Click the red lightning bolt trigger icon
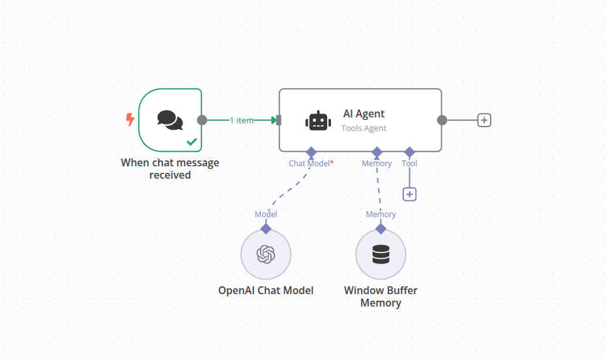(x=130, y=119)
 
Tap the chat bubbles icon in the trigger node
(x=169, y=119)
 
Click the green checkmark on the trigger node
(x=192, y=141)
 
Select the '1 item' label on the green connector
(x=241, y=120)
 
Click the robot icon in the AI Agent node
(x=318, y=121)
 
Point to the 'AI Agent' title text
(x=364, y=113)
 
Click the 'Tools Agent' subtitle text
(x=364, y=128)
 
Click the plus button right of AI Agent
(x=484, y=120)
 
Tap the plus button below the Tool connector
(x=409, y=194)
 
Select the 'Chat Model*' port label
(x=311, y=164)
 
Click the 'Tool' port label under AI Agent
(x=409, y=164)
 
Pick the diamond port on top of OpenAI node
(x=266, y=228)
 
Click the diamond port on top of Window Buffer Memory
(x=381, y=228)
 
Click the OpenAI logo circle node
(x=266, y=254)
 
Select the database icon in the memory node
(x=381, y=254)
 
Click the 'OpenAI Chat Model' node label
(x=266, y=290)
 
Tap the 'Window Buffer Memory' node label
(x=381, y=296)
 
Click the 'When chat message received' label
(x=170, y=168)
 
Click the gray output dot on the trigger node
(x=202, y=120)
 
